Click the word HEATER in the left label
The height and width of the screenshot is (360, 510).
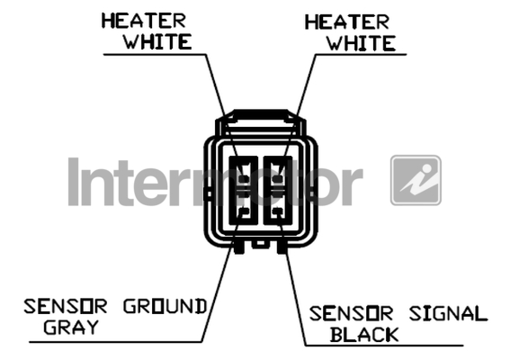click(143, 21)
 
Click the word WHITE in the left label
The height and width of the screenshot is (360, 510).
click(157, 41)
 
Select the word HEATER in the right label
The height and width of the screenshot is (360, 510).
click(346, 22)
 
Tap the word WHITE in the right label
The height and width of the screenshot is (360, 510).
click(361, 43)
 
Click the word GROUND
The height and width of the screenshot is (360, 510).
click(165, 306)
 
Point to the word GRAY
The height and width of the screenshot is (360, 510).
click(71, 327)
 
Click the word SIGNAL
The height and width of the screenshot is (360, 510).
click(448, 313)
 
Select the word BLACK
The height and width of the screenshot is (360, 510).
click(364, 334)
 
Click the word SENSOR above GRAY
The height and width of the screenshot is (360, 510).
click(66, 306)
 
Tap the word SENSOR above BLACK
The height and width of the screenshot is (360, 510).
click(351, 313)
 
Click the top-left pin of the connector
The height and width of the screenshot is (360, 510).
click(244, 179)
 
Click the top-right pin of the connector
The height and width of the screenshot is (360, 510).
click(277, 179)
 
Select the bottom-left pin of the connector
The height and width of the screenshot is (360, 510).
click(244, 211)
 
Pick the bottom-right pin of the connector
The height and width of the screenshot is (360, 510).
click(277, 211)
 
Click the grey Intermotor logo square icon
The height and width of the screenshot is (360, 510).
click(416, 180)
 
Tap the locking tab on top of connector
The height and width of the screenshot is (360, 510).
click(261, 121)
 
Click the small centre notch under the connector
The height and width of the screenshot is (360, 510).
click(261, 244)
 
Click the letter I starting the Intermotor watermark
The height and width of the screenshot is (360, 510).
click(74, 182)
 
